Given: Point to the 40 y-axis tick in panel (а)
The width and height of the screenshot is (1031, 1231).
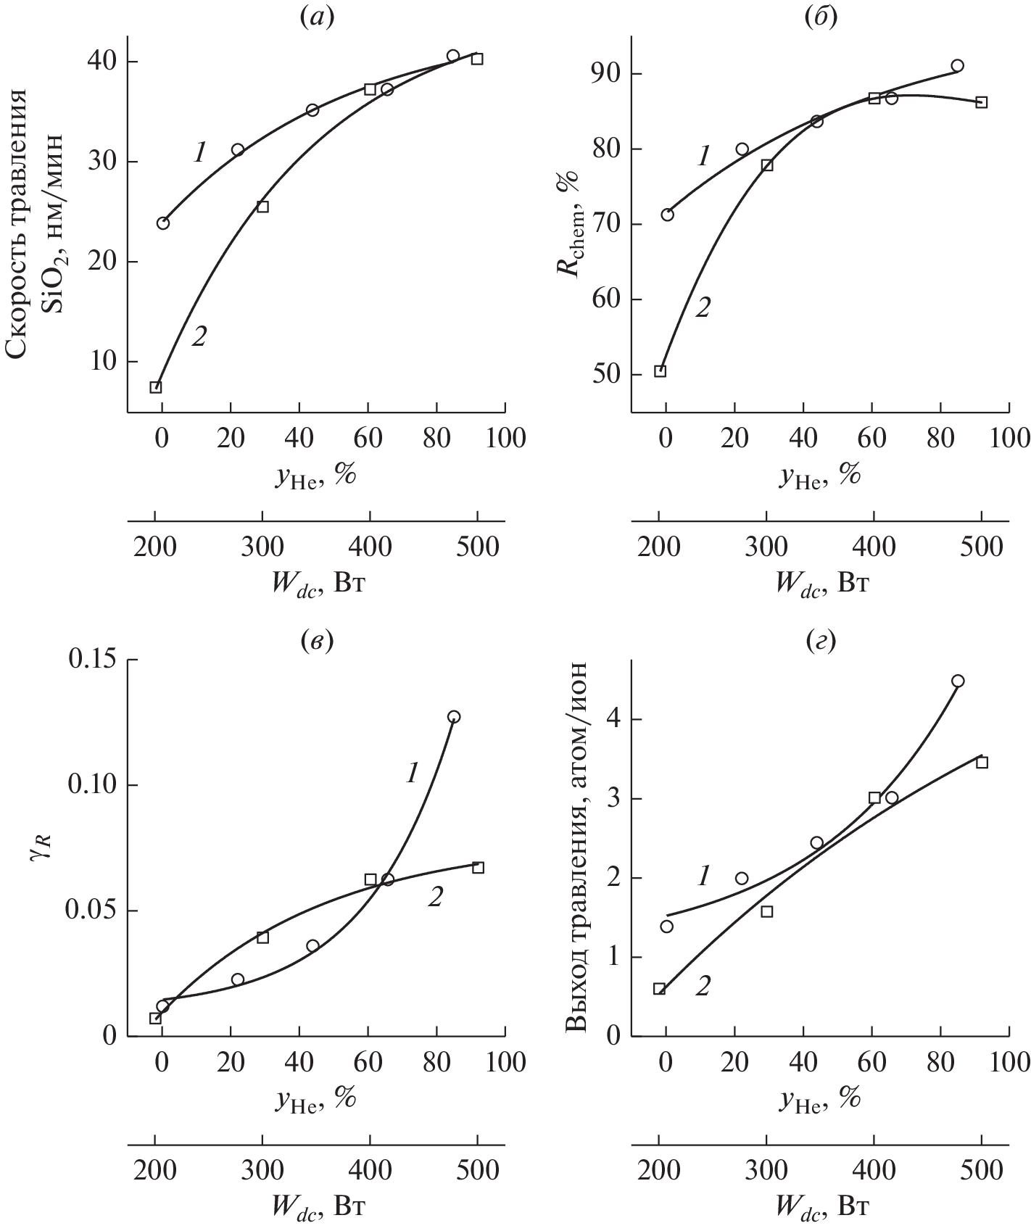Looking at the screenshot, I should [x=102, y=62].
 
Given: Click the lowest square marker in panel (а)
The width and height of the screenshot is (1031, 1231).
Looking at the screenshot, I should [x=155, y=387].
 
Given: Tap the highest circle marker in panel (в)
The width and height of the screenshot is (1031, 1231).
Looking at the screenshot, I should [x=454, y=717].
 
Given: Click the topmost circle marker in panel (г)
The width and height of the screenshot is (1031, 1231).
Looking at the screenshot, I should [x=958, y=681].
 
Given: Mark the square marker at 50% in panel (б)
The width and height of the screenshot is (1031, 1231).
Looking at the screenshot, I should [x=660, y=371].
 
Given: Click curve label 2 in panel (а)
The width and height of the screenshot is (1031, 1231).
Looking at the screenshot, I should [x=199, y=336].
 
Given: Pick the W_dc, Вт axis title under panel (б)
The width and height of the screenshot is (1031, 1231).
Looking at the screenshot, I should [x=821, y=583].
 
